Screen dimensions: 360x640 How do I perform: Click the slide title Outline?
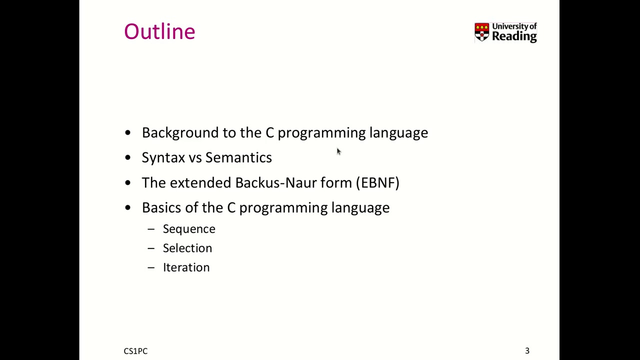click(159, 31)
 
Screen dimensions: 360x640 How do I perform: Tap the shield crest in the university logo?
click(481, 32)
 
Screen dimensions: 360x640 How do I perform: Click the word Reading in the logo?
click(514, 36)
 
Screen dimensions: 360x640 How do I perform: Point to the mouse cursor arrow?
click(338, 151)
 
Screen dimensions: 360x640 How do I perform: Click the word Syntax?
click(163, 158)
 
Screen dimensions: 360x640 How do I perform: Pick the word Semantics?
click(238, 157)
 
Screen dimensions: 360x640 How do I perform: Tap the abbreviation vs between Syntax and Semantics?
click(195, 158)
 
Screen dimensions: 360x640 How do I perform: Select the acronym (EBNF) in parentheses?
click(377, 182)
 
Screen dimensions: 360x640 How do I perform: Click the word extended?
click(200, 182)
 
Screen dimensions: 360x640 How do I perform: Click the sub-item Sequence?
click(189, 229)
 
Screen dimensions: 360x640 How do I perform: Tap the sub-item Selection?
click(187, 248)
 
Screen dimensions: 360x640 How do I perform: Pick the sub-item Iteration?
click(186, 267)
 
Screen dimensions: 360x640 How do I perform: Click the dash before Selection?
click(151, 248)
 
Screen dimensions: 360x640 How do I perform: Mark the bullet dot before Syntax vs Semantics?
click(128, 158)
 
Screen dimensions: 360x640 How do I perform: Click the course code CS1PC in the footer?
click(135, 351)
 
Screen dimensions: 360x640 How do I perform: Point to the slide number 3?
click(527, 351)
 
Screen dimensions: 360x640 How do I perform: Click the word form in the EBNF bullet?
click(336, 182)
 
